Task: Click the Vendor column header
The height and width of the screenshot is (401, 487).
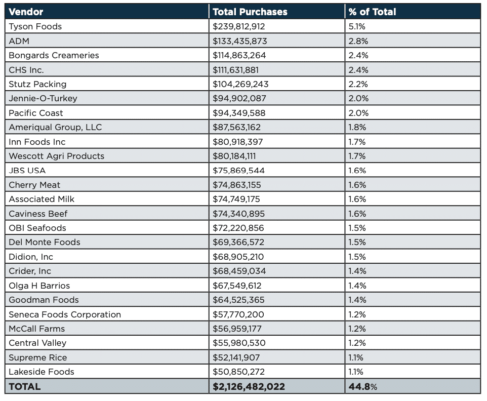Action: (x=26, y=12)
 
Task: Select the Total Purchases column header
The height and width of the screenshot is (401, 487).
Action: (x=250, y=12)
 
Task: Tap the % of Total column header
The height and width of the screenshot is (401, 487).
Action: (x=372, y=12)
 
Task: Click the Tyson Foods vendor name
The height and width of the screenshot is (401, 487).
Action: (x=35, y=26)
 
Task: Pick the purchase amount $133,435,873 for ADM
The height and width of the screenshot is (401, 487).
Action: (x=239, y=41)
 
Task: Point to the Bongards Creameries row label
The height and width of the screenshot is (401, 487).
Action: (x=54, y=55)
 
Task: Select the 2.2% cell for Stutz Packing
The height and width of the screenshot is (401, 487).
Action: (x=358, y=84)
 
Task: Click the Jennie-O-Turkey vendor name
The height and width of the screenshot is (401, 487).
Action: (x=43, y=98)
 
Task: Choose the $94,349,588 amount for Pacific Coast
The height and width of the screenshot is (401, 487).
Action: (x=239, y=113)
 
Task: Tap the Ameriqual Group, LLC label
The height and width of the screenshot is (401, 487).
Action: (x=55, y=127)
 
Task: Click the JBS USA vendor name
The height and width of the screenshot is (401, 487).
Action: (x=27, y=171)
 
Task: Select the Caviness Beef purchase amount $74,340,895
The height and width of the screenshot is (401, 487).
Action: (x=238, y=214)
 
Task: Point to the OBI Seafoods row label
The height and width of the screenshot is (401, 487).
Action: (x=37, y=228)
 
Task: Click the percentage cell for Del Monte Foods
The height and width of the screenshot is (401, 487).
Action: (x=357, y=242)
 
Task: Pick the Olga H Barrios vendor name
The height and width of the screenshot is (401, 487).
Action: (x=39, y=286)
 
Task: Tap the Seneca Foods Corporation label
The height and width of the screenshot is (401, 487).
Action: (x=65, y=314)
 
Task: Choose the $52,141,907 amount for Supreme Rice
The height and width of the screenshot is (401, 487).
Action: (x=236, y=357)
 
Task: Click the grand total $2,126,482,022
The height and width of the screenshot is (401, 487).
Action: (x=249, y=386)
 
